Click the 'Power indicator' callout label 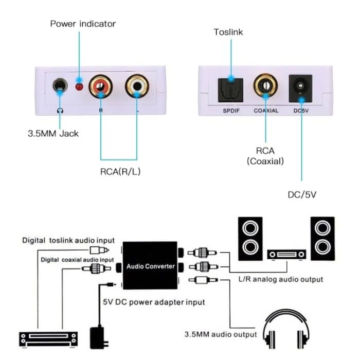[83, 24]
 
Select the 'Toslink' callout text [228, 32]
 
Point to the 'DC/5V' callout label [302, 195]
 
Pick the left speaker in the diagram [249, 237]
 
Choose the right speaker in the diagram [322, 237]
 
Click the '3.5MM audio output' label [221, 334]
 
